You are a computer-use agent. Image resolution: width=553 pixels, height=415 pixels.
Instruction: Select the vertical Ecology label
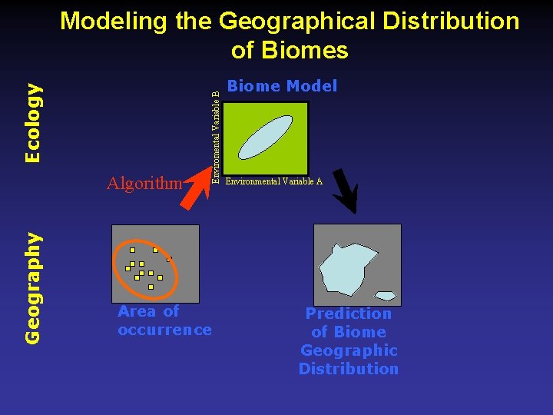(x=32, y=122)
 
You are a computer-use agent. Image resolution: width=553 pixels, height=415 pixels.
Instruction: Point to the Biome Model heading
(x=282, y=86)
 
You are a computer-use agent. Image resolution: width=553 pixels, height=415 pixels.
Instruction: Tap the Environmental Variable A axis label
(x=273, y=182)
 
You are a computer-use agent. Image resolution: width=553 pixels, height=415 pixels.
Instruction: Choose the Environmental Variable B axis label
(x=217, y=137)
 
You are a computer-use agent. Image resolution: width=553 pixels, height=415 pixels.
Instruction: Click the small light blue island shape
(x=385, y=296)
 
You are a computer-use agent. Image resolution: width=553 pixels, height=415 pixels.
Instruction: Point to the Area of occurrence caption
(x=164, y=320)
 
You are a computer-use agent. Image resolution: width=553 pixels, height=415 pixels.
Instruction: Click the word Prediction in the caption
(x=348, y=314)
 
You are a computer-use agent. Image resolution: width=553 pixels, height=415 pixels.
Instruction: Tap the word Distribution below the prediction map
(x=348, y=369)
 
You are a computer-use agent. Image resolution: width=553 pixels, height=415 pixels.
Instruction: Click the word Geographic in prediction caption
(x=348, y=350)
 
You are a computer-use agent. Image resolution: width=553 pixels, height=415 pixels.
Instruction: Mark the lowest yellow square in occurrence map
(x=151, y=287)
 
